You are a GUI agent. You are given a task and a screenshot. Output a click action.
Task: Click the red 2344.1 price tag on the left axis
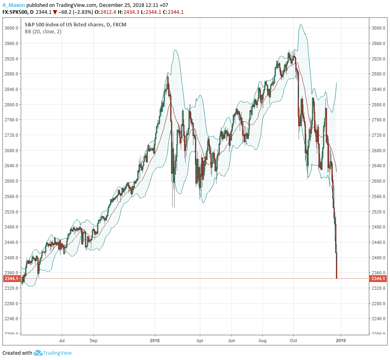coord(11,279)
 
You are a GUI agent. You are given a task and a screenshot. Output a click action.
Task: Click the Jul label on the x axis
coord(62,341)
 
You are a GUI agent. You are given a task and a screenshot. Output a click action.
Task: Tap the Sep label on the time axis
coord(93,341)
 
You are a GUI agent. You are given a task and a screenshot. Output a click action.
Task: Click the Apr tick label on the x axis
coord(200,341)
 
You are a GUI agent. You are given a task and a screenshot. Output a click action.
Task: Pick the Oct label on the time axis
coord(294,341)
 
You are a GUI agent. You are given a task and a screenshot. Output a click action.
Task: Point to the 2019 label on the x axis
coord(340,341)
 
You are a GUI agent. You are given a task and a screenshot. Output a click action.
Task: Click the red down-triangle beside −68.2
coord(55,12)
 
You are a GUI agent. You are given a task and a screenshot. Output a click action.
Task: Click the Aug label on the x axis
coord(262,341)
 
